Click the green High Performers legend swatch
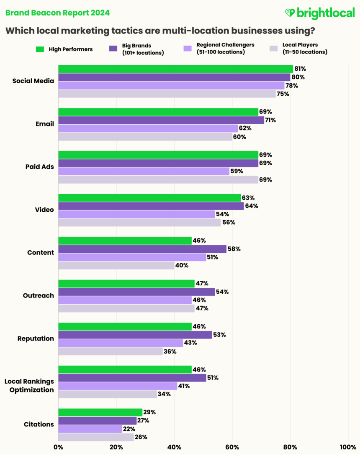point(40,49)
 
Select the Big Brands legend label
point(143,49)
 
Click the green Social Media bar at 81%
point(175,69)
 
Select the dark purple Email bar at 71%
point(161,120)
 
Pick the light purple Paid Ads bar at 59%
point(144,171)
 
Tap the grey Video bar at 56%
point(139,223)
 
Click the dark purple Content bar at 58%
point(142,249)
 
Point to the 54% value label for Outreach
point(223,292)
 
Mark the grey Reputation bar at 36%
point(111,351)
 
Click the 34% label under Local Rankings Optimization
point(164,394)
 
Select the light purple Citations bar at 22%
point(90,429)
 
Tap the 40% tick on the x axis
point(174,446)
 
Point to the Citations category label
point(39,424)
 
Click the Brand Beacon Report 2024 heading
point(57,13)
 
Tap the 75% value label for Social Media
point(283,94)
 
